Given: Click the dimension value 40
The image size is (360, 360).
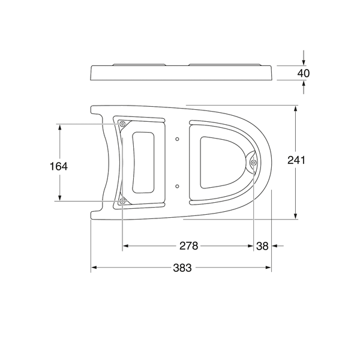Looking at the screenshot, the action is click(303, 73).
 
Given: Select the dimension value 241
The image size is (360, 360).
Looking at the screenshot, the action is click(296, 160).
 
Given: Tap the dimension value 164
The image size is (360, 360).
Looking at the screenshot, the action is click(59, 166).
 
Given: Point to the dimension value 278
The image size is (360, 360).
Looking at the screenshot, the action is click(188, 246).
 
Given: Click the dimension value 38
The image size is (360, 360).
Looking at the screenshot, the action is click(262, 246).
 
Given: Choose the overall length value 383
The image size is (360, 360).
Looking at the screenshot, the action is click(182, 268).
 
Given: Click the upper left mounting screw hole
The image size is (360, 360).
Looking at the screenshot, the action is click(122, 124).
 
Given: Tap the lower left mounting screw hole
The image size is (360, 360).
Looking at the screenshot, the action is click(122, 202).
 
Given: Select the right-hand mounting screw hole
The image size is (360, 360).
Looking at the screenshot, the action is click(253, 163).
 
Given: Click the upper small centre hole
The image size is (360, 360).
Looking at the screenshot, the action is click(177, 139).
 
